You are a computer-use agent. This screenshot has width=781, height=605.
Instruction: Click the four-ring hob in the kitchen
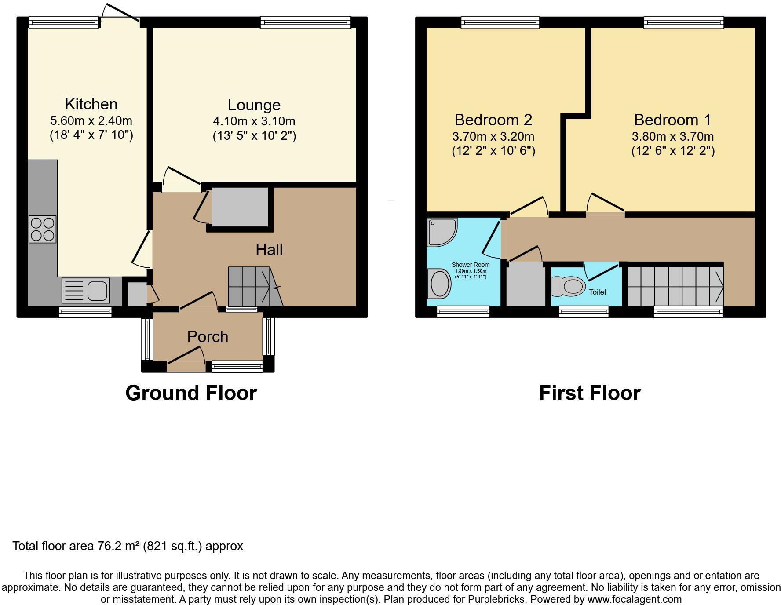click(43, 229)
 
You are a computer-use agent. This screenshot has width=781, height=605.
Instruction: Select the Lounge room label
click(254, 105)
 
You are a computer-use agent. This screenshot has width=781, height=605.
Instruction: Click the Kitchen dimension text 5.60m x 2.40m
click(91, 120)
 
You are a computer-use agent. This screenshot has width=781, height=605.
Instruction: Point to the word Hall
click(269, 250)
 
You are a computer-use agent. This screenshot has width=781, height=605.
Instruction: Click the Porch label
click(208, 337)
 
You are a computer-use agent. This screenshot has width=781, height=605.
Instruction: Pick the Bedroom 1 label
click(672, 120)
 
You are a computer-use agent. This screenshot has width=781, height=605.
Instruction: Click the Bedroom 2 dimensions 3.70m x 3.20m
click(493, 136)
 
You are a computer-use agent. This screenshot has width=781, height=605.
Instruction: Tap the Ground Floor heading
click(191, 393)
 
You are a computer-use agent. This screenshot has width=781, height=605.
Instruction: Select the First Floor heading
click(589, 393)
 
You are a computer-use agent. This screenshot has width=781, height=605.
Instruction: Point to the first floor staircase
click(675, 286)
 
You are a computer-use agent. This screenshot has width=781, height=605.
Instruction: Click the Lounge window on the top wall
click(306, 23)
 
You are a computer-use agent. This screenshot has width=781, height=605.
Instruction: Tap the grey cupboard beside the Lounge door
click(240, 207)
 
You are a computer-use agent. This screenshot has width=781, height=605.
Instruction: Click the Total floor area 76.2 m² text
click(128, 546)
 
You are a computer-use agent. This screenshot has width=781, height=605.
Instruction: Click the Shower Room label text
click(470, 265)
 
